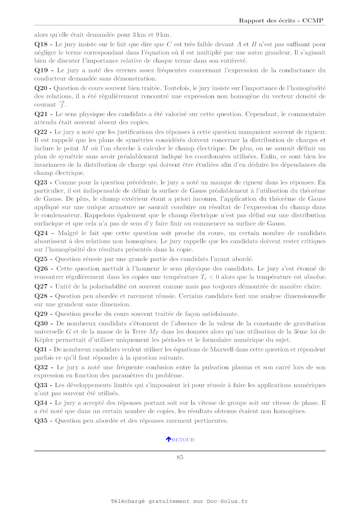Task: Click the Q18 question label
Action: pos(41,44)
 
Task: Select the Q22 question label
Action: pos(41,132)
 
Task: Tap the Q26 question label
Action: pos(41,269)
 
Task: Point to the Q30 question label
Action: pos(41,324)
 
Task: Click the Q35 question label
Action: pos(41,421)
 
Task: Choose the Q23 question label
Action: pos(41,183)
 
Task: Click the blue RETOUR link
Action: pos(183,440)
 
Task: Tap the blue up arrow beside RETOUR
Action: pos(169,439)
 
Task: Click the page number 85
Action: pos(180,457)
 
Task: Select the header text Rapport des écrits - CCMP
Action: pos(281,21)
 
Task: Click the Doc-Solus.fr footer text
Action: pos(227,501)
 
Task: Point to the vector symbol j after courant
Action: pos(62,105)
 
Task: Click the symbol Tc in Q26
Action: pos(204,277)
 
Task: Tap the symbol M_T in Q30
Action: pos(154,332)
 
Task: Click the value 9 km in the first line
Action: pos(162,35)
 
